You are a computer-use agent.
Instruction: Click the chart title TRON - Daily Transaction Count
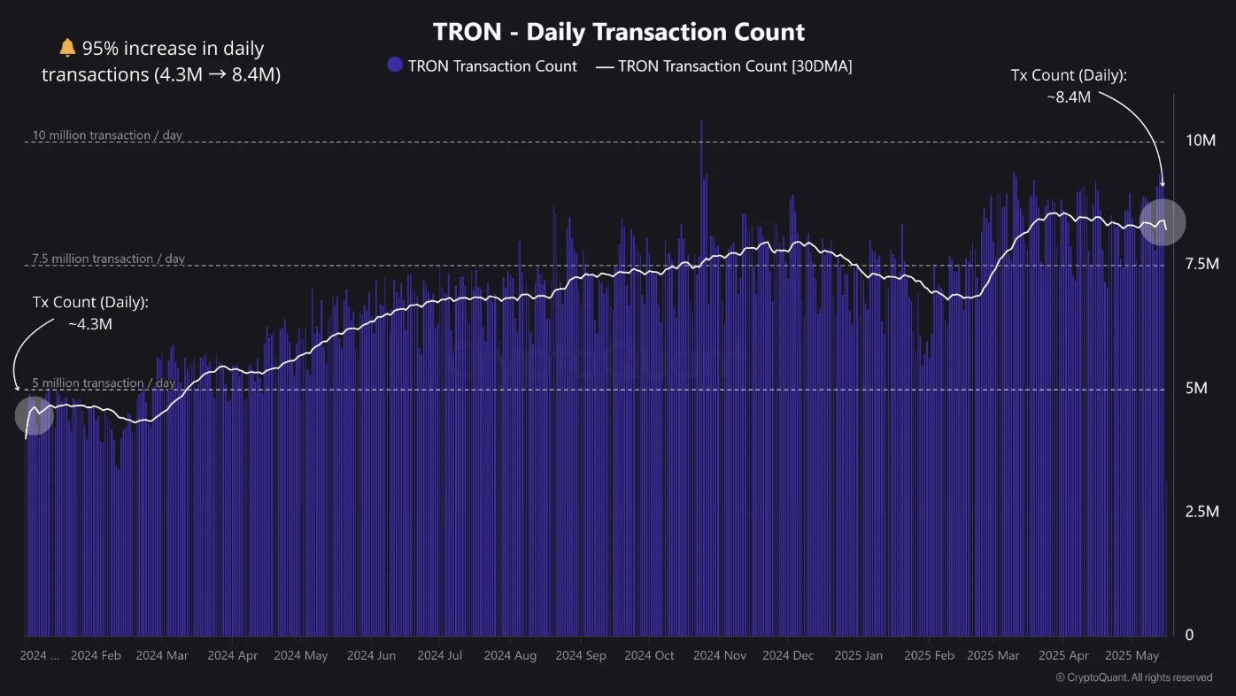(x=619, y=33)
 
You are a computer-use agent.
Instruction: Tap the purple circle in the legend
(x=395, y=65)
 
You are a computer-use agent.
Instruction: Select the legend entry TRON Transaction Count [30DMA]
(x=723, y=66)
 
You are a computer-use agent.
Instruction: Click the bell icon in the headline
(x=68, y=49)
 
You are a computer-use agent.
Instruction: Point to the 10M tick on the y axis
(x=1201, y=141)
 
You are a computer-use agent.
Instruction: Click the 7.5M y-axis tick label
(x=1201, y=265)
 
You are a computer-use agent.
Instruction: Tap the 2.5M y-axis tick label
(x=1201, y=512)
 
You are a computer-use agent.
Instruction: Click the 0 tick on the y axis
(x=1190, y=635)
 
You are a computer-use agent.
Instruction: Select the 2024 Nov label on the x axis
(x=719, y=656)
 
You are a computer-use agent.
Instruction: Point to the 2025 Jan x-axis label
(x=859, y=656)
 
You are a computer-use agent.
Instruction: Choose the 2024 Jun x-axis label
(x=371, y=656)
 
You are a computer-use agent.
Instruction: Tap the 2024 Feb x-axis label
(x=96, y=656)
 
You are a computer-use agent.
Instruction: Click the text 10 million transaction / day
(x=107, y=135)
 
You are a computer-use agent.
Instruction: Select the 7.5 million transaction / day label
(x=108, y=259)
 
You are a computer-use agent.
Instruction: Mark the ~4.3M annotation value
(x=90, y=324)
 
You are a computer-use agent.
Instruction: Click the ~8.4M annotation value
(x=1068, y=97)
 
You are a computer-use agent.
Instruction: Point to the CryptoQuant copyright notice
(x=1134, y=677)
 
